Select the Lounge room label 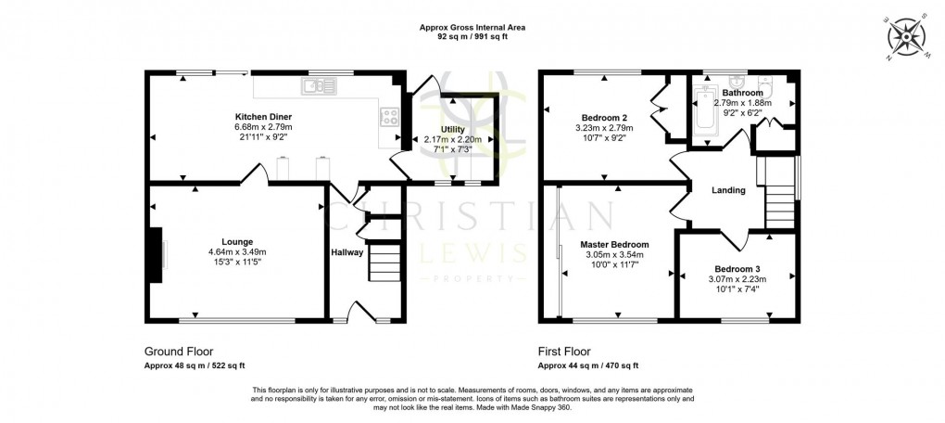point(237,241)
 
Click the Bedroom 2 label point(601,117)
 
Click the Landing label point(728,190)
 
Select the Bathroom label point(743,93)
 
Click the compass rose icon point(905,38)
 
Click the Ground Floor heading point(179,352)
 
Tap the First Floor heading point(567,352)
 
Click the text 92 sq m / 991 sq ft point(472,36)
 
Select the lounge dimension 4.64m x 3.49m point(237,251)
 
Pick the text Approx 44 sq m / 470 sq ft point(588,365)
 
